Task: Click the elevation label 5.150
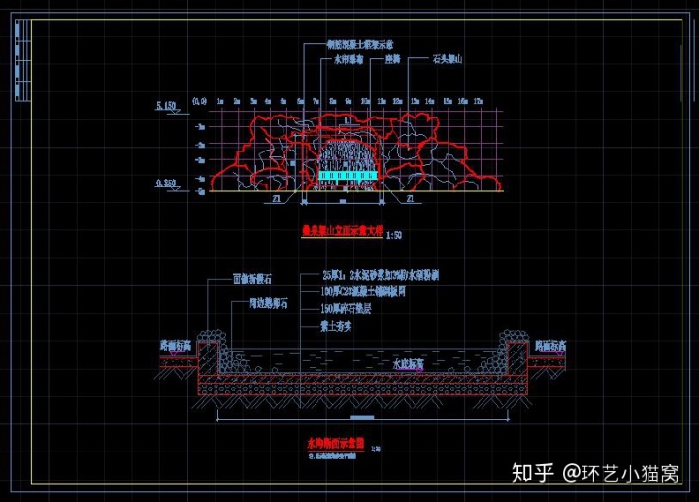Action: pyautogui.click(x=168, y=103)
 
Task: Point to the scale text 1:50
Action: pyautogui.click(x=392, y=234)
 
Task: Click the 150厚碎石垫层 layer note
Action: pyautogui.click(x=352, y=309)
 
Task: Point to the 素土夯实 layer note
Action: pyautogui.click(x=336, y=326)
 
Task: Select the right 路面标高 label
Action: pyautogui.click(x=550, y=344)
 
